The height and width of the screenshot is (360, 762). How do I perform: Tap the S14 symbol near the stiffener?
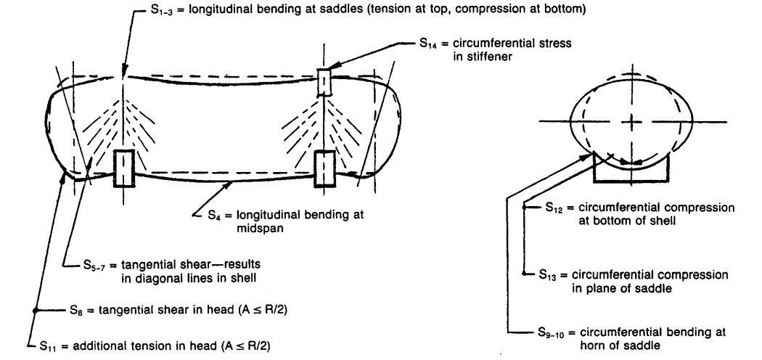pyautogui.click(x=429, y=44)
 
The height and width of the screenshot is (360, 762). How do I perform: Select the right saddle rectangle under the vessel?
pyautogui.click(x=324, y=168)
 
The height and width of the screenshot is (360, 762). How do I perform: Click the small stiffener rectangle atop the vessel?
pyautogui.click(x=324, y=83)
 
